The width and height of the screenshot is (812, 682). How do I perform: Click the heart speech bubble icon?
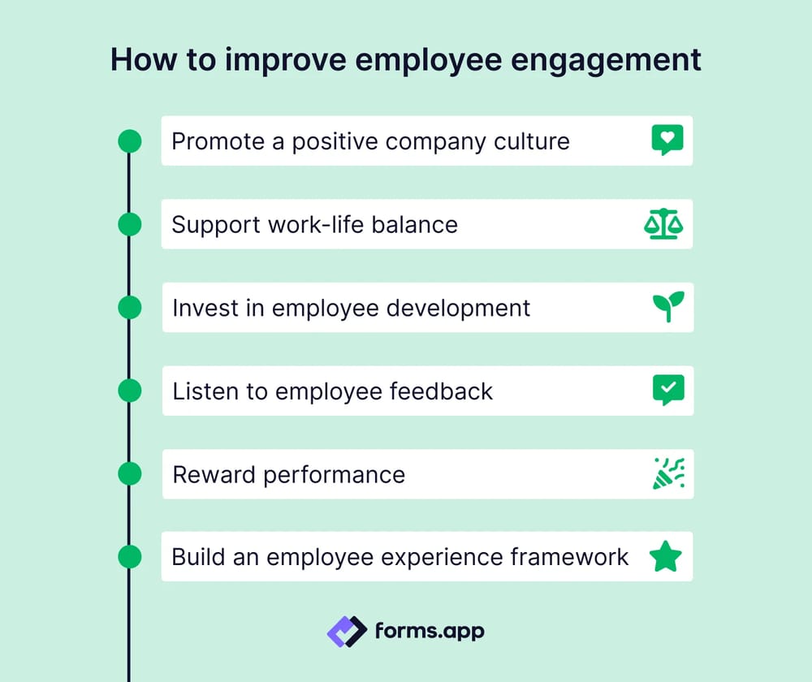click(x=667, y=140)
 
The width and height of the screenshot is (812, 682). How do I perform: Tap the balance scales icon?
click(x=663, y=224)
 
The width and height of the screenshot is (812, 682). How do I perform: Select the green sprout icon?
click(x=668, y=307)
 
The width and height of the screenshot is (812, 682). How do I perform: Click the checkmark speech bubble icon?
click(x=668, y=391)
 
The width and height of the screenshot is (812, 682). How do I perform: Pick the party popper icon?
click(x=668, y=473)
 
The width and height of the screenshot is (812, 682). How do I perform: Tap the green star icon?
click(x=666, y=557)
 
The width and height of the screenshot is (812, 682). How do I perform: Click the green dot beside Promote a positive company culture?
click(x=130, y=141)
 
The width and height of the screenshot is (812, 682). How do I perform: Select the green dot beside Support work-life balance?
click(x=130, y=224)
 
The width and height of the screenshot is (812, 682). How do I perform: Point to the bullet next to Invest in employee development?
click(x=130, y=308)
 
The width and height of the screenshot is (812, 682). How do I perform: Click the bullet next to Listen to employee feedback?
click(x=130, y=391)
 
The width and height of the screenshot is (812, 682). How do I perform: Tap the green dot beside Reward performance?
click(x=130, y=473)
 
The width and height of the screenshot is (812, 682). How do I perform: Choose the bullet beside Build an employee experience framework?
click(x=130, y=557)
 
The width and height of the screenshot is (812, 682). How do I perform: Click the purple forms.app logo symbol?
click(x=347, y=631)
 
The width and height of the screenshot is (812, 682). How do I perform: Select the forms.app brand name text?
click(x=430, y=630)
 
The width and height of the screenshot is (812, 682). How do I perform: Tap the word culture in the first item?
click(x=532, y=141)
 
